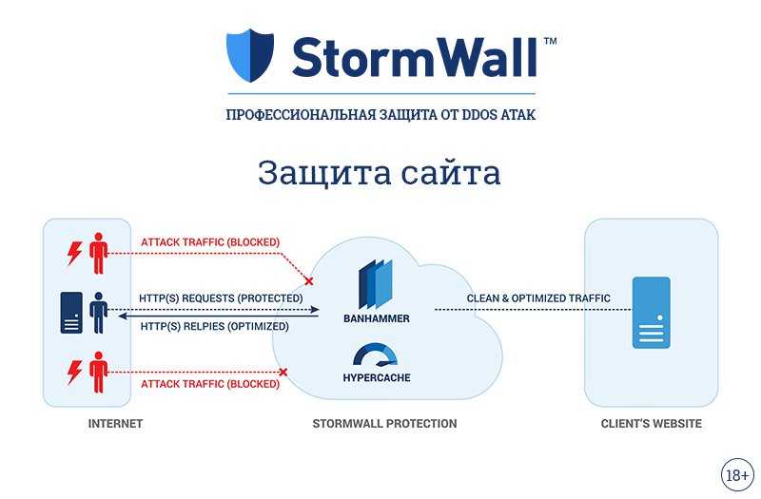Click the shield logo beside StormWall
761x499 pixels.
click(250, 55)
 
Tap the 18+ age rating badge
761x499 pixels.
click(737, 474)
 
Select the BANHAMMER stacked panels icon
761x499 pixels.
click(376, 284)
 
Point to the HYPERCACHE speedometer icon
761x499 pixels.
click(376, 355)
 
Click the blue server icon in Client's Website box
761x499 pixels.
click(651, 313)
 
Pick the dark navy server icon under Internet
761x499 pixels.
click(71, 313)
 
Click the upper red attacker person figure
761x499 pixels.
click(99, 253)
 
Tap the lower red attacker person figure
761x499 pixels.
click(99, 372)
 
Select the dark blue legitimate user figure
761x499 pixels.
click(99, 313)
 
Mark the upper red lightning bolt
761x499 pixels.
click(74, 254)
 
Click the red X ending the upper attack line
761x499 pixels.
click(308, 280)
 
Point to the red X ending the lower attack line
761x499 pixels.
click(283, 372)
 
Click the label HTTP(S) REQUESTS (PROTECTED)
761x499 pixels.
click(221, 297)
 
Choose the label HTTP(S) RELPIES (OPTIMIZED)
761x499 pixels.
click(215, 326)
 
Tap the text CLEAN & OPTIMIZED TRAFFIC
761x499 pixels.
click(538, 298)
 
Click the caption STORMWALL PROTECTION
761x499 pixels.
click(384, 423)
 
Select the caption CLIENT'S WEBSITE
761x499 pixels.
click(651, 423)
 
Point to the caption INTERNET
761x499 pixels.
click(115, 423)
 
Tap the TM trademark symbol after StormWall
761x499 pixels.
click(550, 41)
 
